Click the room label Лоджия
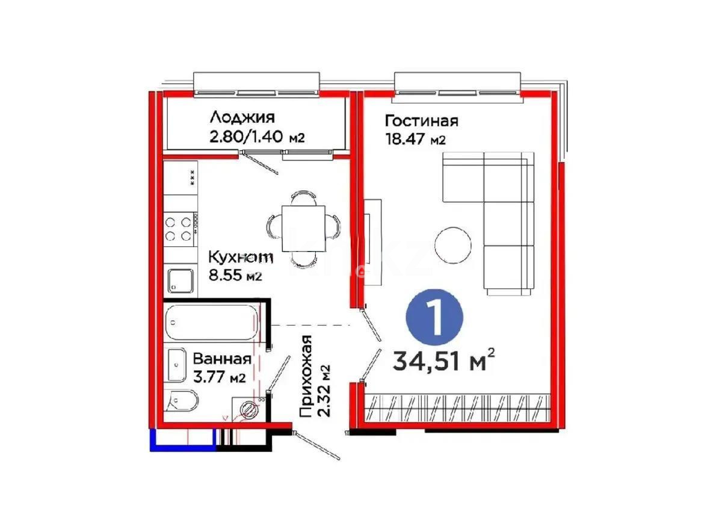click(x=242, y=117)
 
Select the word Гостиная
click(x=421, y=120)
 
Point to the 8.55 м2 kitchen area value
click(x=235, y=277)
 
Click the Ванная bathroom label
click(x=221, y=359)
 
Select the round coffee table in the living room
click(x=454, y=244)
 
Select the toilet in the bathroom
click(x=179, y=400)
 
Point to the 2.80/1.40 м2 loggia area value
click(x=257, y=137)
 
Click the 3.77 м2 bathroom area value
click(x=219, y=377)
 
